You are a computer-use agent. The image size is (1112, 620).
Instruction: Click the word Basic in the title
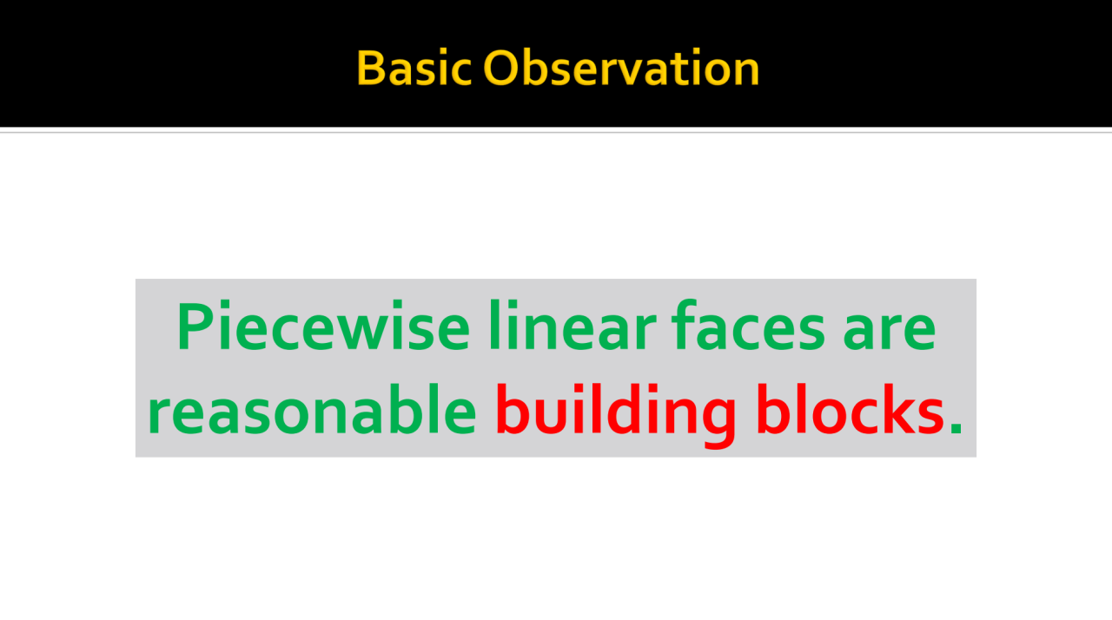(x=414, y=68)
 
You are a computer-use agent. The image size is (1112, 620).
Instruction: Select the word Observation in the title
(x=621, y=68)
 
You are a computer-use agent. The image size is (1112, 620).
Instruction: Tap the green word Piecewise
(x=323, y=326)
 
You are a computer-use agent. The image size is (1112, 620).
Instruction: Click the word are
(x=889, y=331)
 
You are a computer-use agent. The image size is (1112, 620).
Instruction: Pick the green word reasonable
(x=312, y=409)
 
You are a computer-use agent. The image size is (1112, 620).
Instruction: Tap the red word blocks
(x=851, y=409)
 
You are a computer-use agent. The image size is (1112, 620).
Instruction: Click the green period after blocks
(x=956, y=428)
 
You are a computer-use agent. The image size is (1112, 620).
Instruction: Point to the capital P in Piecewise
(x=196, y=326)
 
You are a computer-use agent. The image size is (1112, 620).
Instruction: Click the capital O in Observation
(x=502, y=68)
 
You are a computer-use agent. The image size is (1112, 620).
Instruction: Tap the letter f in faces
(x=685, y=325)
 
